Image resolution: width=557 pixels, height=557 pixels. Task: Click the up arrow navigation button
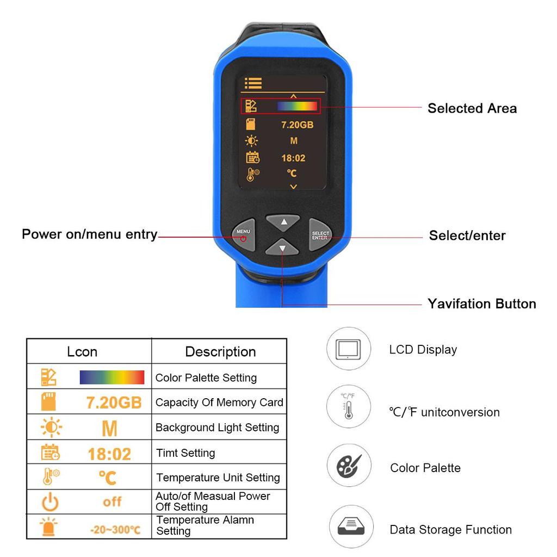(282, 222)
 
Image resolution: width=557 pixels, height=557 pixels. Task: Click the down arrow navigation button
(282, 248)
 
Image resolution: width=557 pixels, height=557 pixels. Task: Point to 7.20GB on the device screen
(297, 125)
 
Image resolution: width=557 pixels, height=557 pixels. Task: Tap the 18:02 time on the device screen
(293, 158)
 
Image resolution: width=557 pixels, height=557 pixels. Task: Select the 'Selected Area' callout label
(472, 108)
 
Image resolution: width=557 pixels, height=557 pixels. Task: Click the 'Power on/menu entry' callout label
(89, 234)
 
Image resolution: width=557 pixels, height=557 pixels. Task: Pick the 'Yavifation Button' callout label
(481, 304)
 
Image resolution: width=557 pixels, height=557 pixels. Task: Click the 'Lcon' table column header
(82, 351)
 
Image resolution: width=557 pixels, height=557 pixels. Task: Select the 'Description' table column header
(220, 351)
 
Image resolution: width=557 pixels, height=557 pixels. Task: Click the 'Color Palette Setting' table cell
(206, 377)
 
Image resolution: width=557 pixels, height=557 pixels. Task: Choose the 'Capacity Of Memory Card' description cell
(219, 403)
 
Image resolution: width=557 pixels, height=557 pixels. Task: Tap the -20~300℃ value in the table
(115, 529)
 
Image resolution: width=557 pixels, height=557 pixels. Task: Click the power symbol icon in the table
(50, 502)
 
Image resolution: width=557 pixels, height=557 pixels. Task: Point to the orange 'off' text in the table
(112, 502)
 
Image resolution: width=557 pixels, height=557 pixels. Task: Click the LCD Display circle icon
(349, 349)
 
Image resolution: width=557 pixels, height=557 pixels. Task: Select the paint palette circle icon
(349, 466)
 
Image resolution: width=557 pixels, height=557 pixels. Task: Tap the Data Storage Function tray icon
(351, 527)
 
